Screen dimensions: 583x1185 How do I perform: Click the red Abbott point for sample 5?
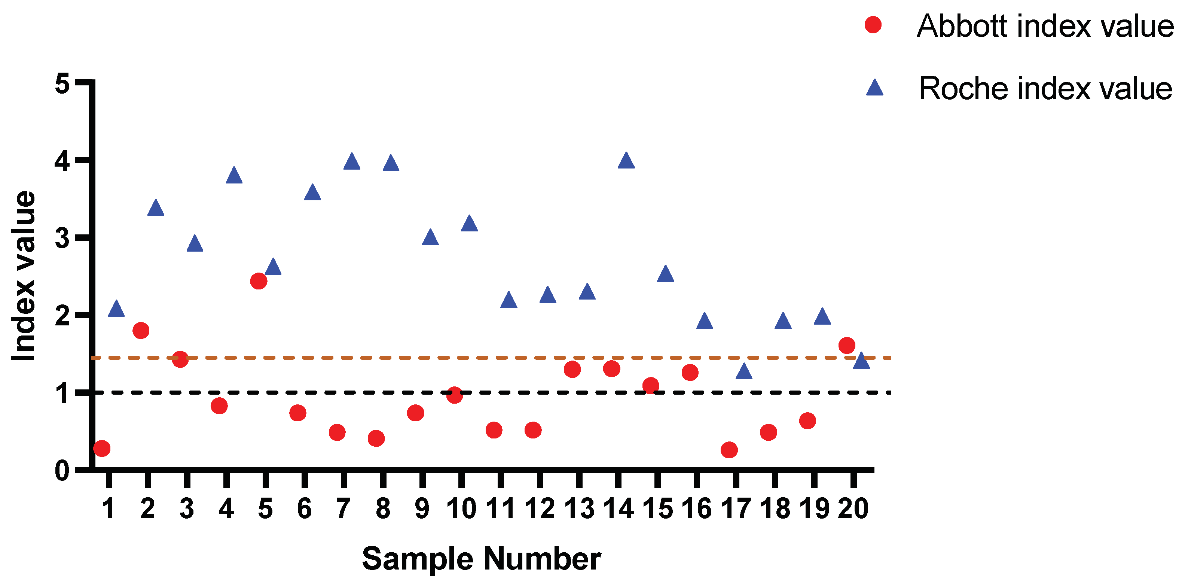tap(259, 281)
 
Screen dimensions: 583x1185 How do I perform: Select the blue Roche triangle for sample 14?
tap(626, 161)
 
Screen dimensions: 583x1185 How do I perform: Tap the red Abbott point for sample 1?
tap(102, 448)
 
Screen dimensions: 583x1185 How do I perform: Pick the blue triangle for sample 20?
tap(861, 361)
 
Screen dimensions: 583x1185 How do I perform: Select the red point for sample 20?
tap(847, 345)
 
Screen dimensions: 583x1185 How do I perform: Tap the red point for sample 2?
tap(141, 330)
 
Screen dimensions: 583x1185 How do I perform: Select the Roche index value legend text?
tap(1045, 88)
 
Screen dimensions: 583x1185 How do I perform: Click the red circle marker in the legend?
tap(873, 25)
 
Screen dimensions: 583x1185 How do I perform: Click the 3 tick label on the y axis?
tap(62, 238)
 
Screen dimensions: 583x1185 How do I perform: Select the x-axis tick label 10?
tap(461, 509)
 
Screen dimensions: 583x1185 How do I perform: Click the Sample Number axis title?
tap(481, 559)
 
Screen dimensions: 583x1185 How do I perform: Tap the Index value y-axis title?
tap(24, 276)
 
